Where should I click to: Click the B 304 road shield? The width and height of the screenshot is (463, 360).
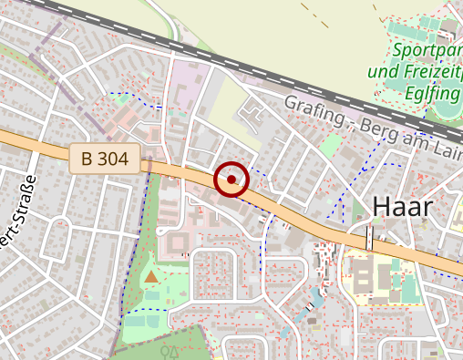104,159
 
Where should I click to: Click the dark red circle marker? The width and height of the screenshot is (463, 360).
231,180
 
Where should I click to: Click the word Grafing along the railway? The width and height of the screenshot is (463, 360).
312,108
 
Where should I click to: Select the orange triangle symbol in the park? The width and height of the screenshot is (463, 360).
150,274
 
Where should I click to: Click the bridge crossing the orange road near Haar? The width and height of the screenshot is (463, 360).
369,238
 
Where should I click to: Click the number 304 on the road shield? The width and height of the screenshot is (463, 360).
112,159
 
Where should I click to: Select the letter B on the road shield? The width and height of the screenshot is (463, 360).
87,159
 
